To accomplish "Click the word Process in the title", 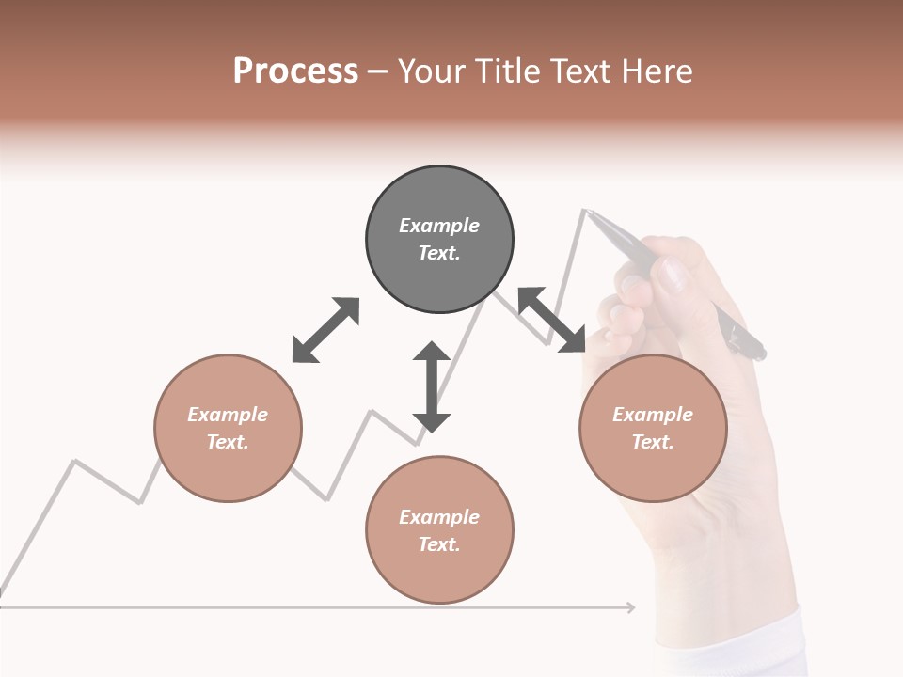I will (x=295, y=71).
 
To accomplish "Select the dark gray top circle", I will (x=439, y=240).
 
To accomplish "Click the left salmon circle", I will (x=228, y=428).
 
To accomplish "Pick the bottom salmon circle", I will (x=439, y=529).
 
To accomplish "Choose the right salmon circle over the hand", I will (x=653, y=428).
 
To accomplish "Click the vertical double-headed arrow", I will (x=432, y=386).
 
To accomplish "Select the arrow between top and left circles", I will (x=325, y=329).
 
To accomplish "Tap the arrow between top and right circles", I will (x=551, y=320).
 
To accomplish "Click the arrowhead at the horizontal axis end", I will (x=630, y=607).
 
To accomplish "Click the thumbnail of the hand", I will (x=672, y=276).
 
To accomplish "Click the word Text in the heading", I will (x=578, y=71).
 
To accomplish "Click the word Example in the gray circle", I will (x=439, y=226).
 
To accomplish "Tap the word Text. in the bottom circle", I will (x=439, y=544).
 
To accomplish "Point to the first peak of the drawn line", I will (x=75, y=461).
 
